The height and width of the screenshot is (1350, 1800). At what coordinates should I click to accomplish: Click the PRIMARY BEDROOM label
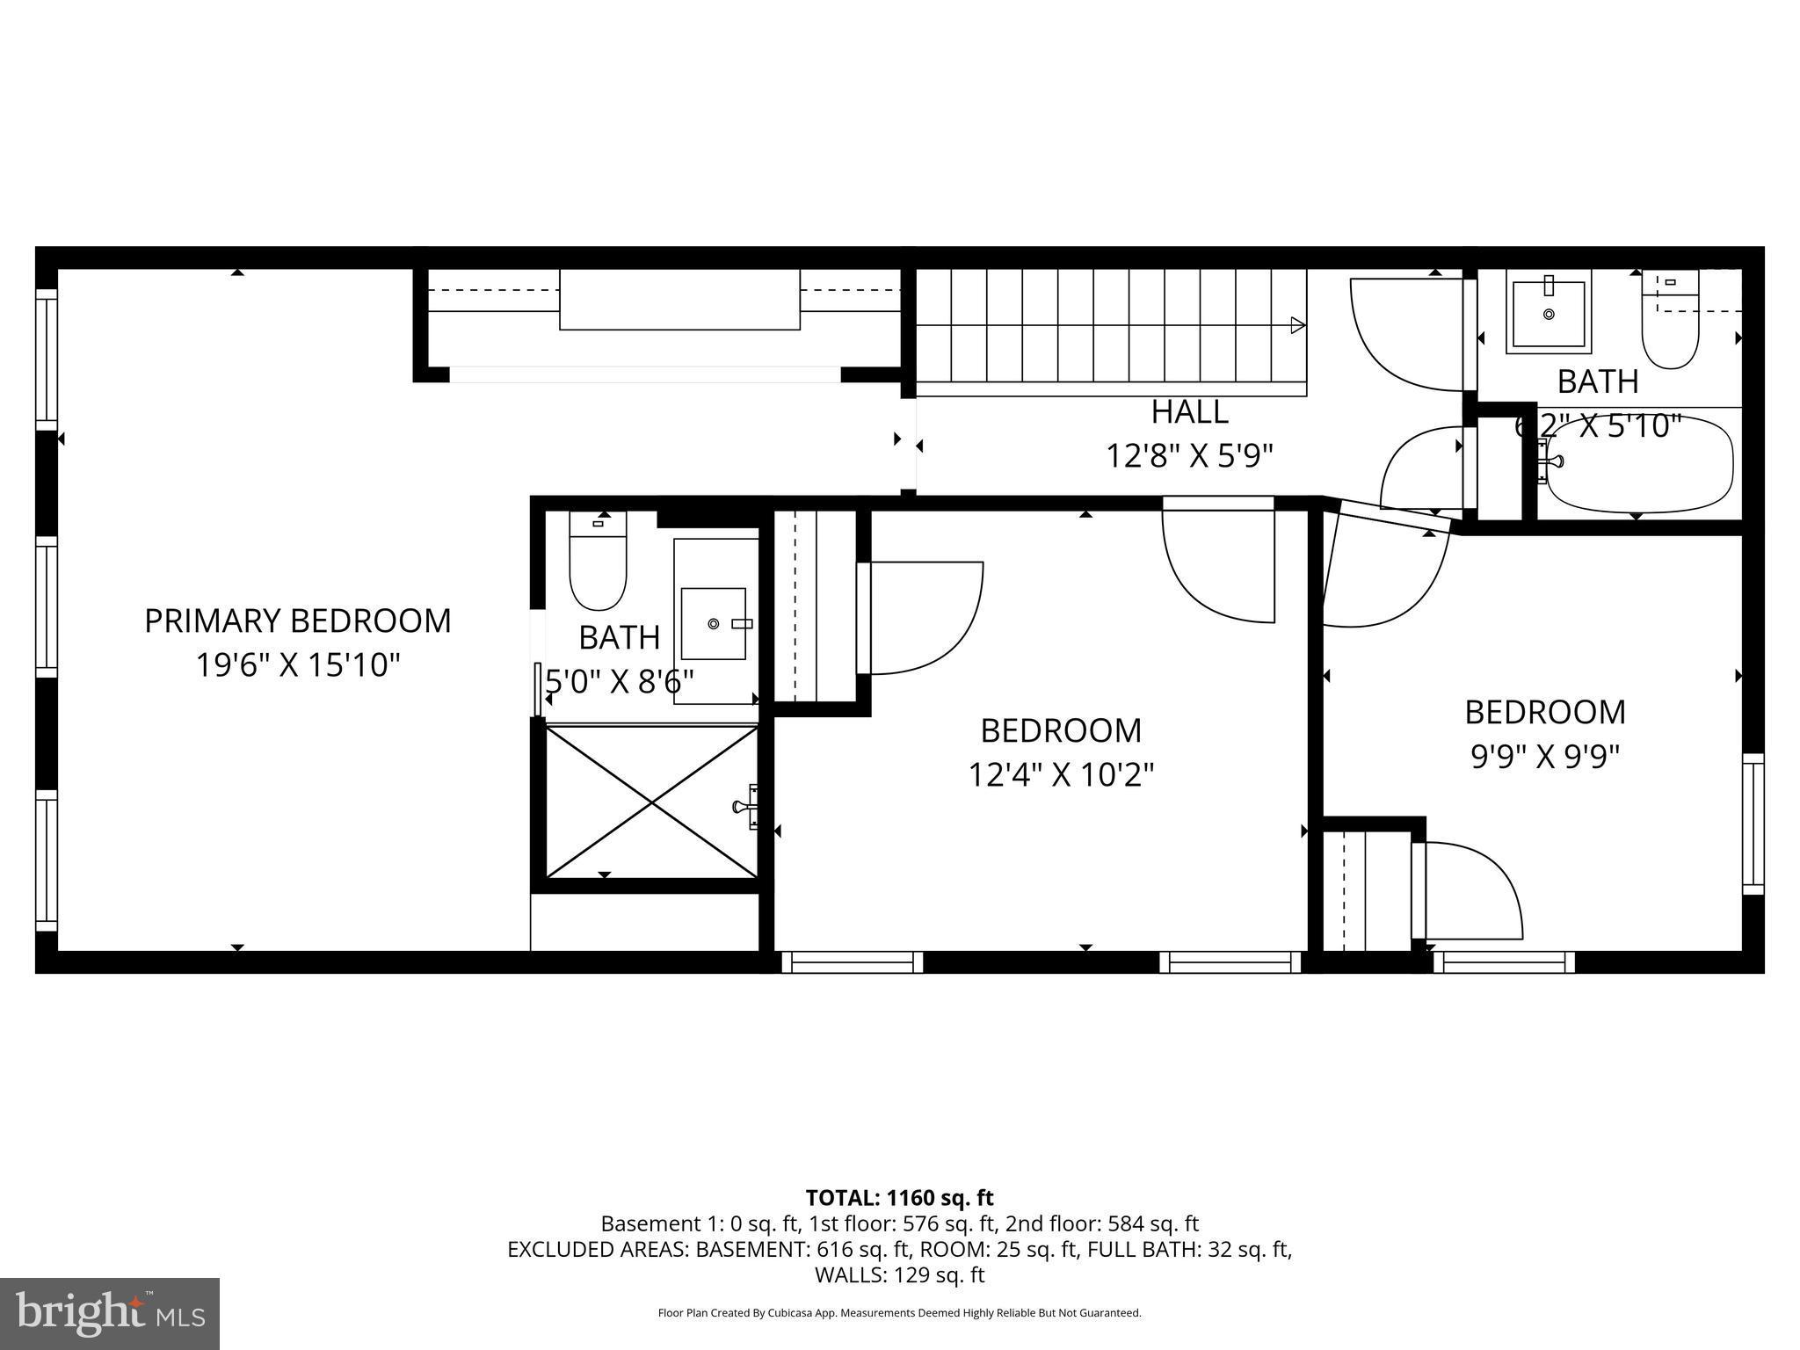point(297,621)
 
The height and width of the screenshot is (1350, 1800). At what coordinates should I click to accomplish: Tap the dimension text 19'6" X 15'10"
point(297,665)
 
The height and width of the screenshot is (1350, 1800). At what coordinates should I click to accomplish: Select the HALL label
point(1189,411)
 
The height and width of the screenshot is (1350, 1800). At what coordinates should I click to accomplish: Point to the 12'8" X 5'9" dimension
point(1189,456)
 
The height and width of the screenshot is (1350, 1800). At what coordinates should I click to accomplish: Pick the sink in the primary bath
point(714,623)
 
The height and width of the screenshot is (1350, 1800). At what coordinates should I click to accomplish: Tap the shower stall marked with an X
point(651,801)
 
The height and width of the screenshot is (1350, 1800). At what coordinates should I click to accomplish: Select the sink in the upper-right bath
point(1549,313)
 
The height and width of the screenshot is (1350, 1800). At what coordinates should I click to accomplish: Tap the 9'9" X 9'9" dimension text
point(1544,756)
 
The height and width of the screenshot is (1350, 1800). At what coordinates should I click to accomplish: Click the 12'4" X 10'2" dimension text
point(1060,775)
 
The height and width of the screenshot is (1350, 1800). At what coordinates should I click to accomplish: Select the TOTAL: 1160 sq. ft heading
point(899,1197)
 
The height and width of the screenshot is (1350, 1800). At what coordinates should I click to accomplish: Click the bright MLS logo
point(110,1313)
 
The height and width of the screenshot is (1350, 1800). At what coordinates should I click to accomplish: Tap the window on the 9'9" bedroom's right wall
point(1753,824)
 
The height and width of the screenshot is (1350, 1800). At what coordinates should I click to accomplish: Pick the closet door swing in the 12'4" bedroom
point(923,617)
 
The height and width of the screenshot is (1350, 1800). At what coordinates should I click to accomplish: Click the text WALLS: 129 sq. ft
point(899,1274)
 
